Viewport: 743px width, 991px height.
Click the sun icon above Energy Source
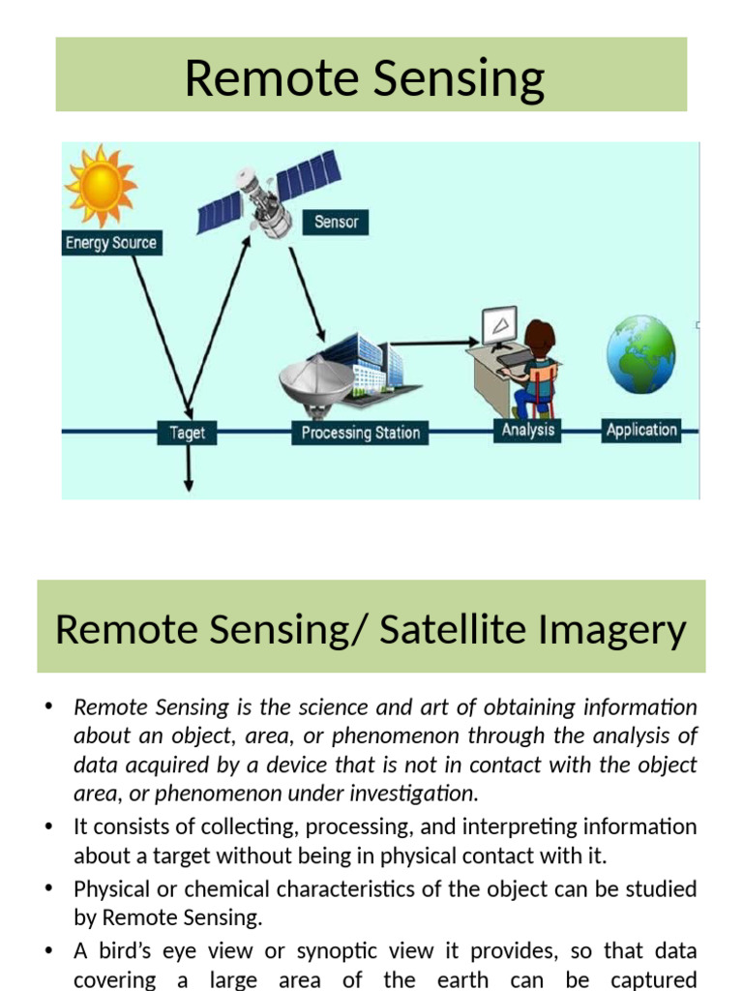pyautogui.click(x=101, y=186)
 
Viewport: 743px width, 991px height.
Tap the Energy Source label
pyautogui.click(x=110, y=243)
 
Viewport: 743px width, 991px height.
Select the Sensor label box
pyautogui.click(x=336, y=222)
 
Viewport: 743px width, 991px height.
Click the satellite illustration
pyautogui.click(x=268, y=194)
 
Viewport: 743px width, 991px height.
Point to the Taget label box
pyautogui.click(x=187, y=433)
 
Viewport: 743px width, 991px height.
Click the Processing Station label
pyautogui.click(x=360, y=433)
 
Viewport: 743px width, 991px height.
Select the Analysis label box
pyautogui.click(x=528, y=430)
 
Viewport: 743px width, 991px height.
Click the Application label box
pyautogui.click(x=640, y=430)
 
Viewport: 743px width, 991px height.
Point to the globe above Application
pyautogui.click(x=640, y=352)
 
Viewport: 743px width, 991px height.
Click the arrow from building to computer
pyautogui.click(x=435, y=342)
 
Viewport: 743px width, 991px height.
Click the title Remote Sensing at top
pyautogui.click(x=365, y=77)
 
